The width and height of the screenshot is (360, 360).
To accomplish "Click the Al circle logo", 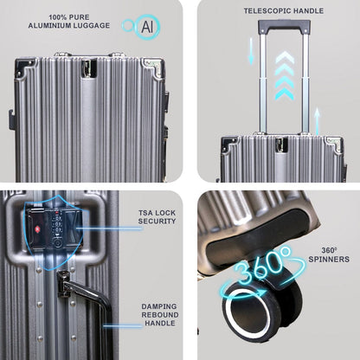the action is pos(141,27).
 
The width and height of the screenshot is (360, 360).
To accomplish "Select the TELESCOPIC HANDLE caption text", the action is pos(284,11).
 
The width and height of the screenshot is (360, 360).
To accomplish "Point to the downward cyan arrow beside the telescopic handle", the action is pos(251,51).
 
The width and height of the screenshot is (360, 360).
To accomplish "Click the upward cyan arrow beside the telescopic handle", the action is pos(317,121).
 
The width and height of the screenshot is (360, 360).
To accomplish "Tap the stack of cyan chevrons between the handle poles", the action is pos(285,75).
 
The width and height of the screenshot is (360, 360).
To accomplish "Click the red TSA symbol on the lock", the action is pos(37,229).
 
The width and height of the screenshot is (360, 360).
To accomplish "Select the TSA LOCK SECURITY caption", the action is pos(157,217).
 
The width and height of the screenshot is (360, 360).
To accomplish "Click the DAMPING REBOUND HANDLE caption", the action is pos(160,315).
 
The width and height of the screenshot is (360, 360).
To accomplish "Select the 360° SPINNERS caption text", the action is pos(329,255).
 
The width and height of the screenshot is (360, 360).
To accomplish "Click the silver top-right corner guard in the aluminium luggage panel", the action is pos(153,67).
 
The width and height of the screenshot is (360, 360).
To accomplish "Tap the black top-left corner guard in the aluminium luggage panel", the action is pos(25,67).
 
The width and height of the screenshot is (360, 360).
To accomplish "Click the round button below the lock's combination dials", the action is pos(57,243).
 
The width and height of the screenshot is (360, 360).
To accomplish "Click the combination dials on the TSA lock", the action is pos(57,224).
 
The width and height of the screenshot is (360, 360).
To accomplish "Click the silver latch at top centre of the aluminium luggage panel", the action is pos(88,68).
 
